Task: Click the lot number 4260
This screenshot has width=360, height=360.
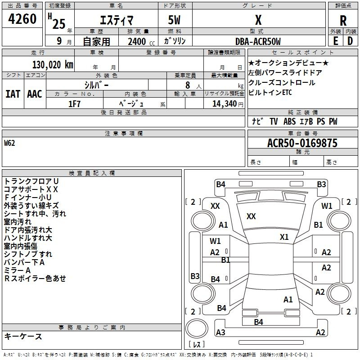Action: coord(22,18)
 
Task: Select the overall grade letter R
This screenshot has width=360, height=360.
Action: coord(343,21)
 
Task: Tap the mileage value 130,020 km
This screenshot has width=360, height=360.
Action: coord(53,65)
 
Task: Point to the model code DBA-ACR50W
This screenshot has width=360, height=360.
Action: coord(258,41)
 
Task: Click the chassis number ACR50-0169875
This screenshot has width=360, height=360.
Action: coord(302,143)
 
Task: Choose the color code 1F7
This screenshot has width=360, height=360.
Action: coord(75,104)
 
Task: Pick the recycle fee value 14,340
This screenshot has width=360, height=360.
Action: coord(225,104)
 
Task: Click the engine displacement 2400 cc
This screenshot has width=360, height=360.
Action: coord(141,41)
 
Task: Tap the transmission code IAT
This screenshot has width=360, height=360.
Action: coord(13,94)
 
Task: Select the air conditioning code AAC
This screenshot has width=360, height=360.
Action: coord(35,94)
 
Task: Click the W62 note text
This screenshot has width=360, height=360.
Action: coord(9,143)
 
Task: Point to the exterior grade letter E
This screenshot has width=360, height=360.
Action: coord(336,41)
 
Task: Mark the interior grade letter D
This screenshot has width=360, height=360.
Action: coord(350,41)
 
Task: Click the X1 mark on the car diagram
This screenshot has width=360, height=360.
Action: coord(284,237)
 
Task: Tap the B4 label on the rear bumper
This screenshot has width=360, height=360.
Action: coord(258,322)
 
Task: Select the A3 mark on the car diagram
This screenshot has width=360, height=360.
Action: coord(220,332)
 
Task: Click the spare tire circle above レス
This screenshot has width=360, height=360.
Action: coord(197,328)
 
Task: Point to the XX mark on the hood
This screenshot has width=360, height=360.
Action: coord(251,216)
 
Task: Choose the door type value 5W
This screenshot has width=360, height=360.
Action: coord(174,20)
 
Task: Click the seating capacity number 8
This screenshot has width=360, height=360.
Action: coord(188,85)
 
